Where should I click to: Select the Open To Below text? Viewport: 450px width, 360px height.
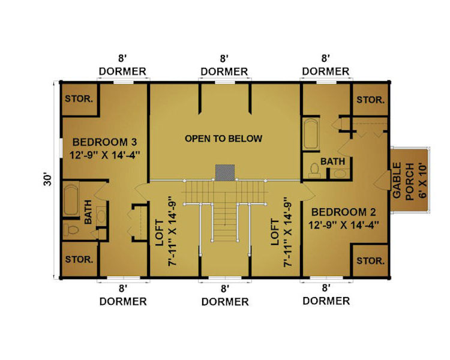click(x=224, y=139)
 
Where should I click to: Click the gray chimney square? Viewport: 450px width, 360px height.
click(x=225, y=173)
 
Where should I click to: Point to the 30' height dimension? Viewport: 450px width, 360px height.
click(x=47, y=179)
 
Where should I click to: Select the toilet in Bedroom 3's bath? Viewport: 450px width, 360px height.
click(x=71, y=229)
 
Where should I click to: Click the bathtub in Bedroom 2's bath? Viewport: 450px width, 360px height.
click(x=311, y=134)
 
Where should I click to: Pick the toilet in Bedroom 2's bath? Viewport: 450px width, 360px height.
click(x=314, y=170)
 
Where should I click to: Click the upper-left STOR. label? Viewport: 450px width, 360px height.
click(x=79, y=99)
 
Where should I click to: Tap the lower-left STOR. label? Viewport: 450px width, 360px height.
click(x=79, y=260)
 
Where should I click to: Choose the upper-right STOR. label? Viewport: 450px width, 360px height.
click(x=371, y=100)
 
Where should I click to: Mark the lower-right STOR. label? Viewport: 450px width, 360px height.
click(x=371, y=260)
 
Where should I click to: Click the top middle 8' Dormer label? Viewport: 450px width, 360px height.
click(x=224, y=65)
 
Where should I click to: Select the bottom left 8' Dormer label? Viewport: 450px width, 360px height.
click(x=123, y=295)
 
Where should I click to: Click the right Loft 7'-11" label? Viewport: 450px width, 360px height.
click(x=281, y=232)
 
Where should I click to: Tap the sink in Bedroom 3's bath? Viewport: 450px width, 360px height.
click(x=101, y=215)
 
